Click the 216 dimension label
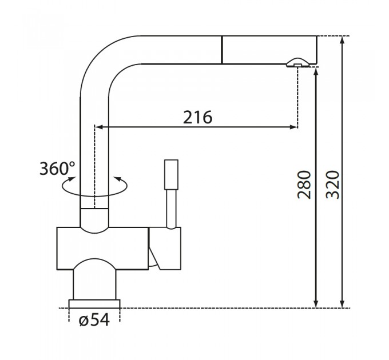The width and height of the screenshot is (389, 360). click(x=198, y=117)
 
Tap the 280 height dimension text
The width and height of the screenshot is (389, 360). click(x=304, y=185)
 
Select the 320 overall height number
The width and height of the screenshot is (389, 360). click(x=332, y=185)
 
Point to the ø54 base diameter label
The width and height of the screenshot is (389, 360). click(x=94, y=319)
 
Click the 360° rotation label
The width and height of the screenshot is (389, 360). click(x=57, y=168)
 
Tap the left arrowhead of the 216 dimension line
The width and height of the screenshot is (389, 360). click(x=99, y=127)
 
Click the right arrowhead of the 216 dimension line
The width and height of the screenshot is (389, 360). click(x=293, y=127)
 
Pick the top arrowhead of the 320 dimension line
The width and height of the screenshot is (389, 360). click(x=342, y=40)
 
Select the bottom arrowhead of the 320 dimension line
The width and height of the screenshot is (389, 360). click(x=342, y=304)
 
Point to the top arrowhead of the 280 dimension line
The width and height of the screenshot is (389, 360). click(x=316, y=71)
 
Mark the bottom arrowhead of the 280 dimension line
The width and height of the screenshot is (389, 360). click(x=316, y=304)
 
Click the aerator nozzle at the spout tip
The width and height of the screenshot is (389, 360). click(x=298, y=63)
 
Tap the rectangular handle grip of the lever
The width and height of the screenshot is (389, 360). click(x=171, y=175)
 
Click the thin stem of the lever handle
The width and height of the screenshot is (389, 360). click(x=171, y=209)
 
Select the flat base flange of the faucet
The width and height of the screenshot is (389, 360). click(x=94, y=304)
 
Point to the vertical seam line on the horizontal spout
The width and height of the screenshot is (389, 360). click(x=221, y=50)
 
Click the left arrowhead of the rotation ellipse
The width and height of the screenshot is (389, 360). click(x=72, y=179)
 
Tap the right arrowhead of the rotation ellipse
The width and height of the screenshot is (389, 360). click(x=117, y=179)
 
